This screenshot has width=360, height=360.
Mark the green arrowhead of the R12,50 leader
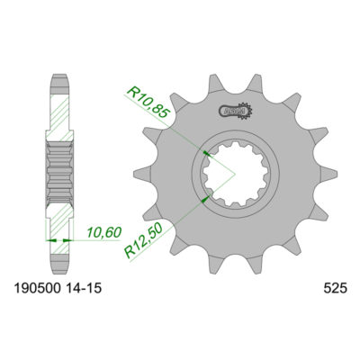click(x=206, y=194)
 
